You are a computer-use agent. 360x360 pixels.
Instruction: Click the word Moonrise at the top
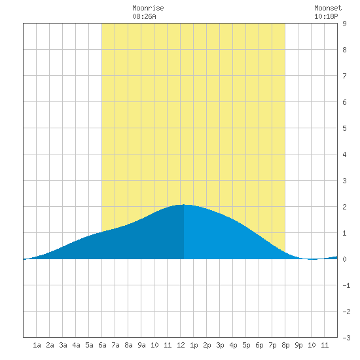pos(148,8)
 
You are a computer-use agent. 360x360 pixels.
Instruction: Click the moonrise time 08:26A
pos(144,16)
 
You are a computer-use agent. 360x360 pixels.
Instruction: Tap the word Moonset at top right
pos(328,8)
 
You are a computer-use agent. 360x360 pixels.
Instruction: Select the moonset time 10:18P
pos(326,16)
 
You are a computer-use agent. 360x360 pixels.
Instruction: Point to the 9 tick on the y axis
pos(344,24)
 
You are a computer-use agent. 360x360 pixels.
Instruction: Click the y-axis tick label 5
pos(344,128)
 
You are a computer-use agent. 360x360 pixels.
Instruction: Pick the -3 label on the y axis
pos(346,338)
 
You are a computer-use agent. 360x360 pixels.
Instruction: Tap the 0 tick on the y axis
pos(344,259)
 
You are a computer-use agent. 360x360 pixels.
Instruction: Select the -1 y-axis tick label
pos(346,285)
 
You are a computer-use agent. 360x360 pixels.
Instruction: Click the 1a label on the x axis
pos(37,345)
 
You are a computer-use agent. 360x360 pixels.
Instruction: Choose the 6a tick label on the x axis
pos(102,345)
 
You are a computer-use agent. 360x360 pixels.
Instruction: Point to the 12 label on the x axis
pos(181,345)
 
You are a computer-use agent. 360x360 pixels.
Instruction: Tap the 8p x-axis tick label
pos(285,345)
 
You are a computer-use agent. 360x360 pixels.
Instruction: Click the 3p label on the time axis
pos(220,345)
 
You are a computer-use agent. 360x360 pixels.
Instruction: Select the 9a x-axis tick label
pos(141,345)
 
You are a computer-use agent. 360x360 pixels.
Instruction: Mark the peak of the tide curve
pos(184,204)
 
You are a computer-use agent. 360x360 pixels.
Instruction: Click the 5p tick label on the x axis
pos(246,345)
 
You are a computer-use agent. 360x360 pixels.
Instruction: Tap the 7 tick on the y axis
pos(344,76)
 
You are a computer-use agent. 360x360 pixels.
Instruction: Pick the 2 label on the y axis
pos(344,207)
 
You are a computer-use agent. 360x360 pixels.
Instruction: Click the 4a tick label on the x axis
pos(76,345)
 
